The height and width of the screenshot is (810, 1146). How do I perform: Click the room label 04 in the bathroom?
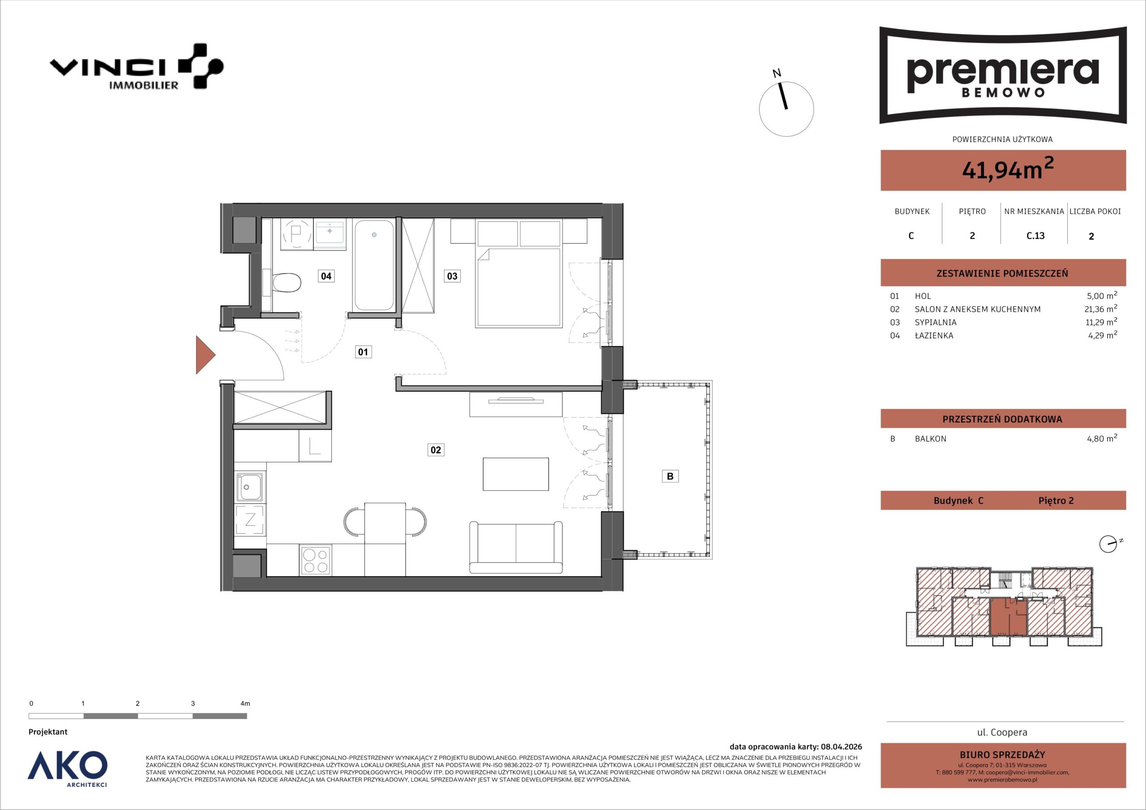pyautogui.click(x=326, y=276)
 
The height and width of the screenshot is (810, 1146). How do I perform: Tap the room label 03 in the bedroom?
pyautogui.click(x=452, y=276)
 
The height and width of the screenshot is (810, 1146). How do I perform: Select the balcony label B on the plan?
pyautogui.click(x=670, y=476)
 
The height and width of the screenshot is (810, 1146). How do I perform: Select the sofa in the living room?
pyautogui.click(x=516, y=547)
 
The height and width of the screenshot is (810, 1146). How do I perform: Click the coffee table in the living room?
pyautogui.click(x=516, y=474)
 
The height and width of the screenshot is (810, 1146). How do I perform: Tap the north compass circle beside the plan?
pyautogui.click(x=786, y=109)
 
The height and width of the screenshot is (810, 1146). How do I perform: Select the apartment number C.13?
pyautogui.click(x=1035, y=235)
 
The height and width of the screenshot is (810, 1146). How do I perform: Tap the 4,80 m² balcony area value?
pyautogui.click(x=1102, y=439)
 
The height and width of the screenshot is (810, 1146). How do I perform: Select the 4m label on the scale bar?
pyautogui.click(x=245, y=703)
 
